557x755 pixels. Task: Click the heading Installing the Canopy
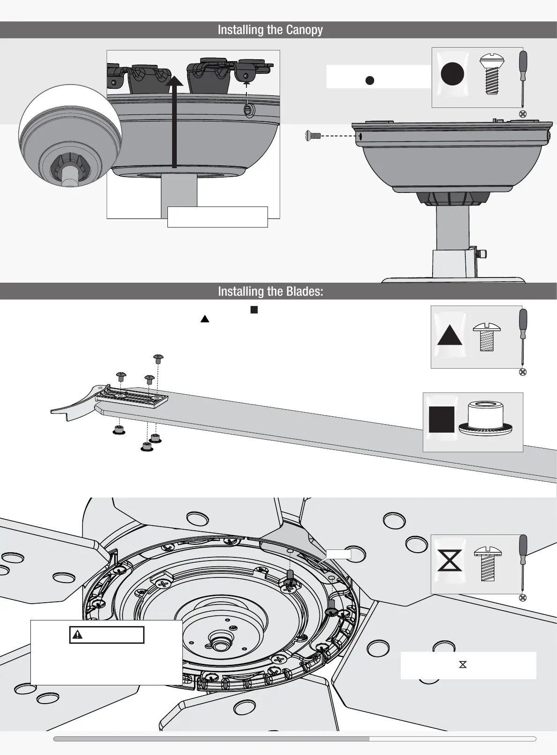coord(270,30)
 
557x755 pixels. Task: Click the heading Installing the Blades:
coord(270,292)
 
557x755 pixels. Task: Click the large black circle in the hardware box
coord(452,74)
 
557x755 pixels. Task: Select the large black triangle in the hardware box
coord(449,335)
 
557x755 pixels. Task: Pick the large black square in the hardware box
coord(441,420)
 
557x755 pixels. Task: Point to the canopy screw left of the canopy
coord(313,136)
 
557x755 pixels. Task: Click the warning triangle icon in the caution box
coord(78,634)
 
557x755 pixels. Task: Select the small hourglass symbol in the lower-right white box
coord(463,664)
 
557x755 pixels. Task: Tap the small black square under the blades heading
coord(254,309)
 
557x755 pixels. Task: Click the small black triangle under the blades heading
coord(204,319)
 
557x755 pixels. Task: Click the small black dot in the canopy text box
coord(369,80)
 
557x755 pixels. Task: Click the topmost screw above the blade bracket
coord(159,358)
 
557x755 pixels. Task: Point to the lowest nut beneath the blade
coord(147,447)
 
